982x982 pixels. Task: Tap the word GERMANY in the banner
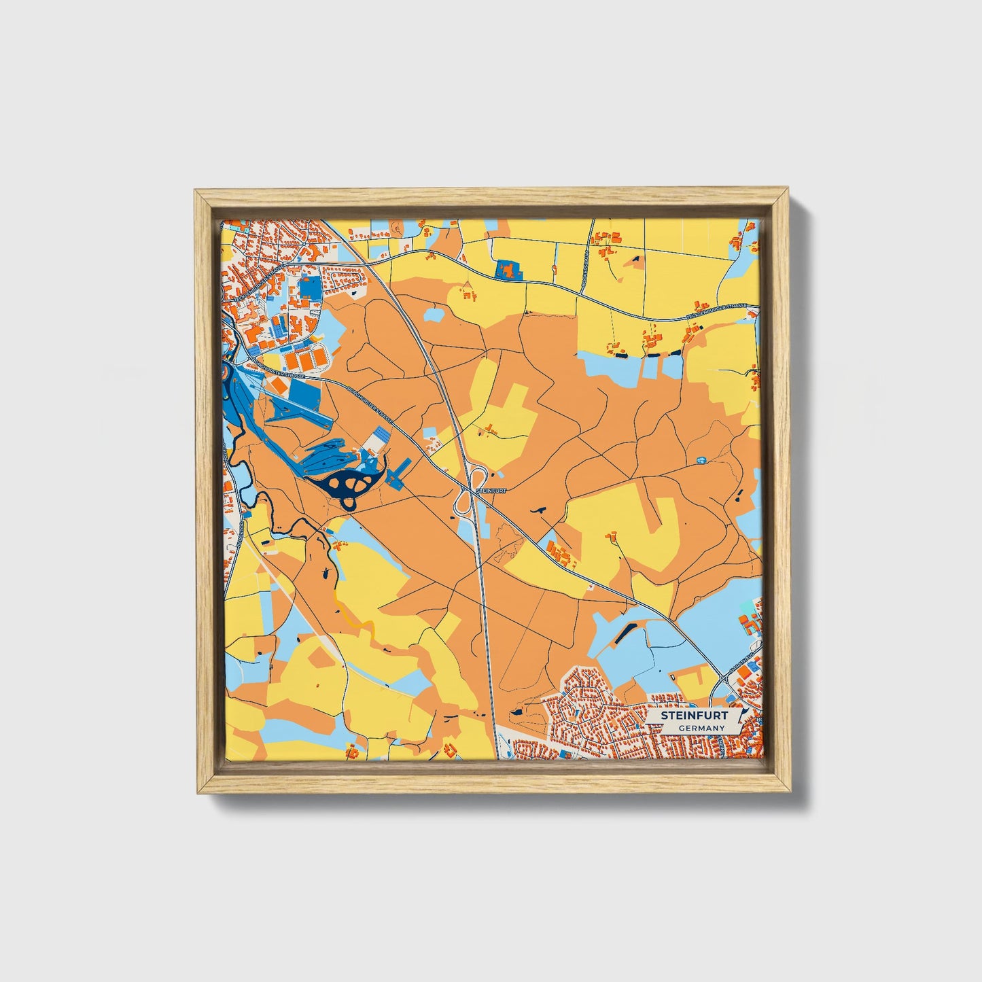701,728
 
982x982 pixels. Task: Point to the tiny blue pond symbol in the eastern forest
701,461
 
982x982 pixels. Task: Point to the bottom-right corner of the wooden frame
790,792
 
